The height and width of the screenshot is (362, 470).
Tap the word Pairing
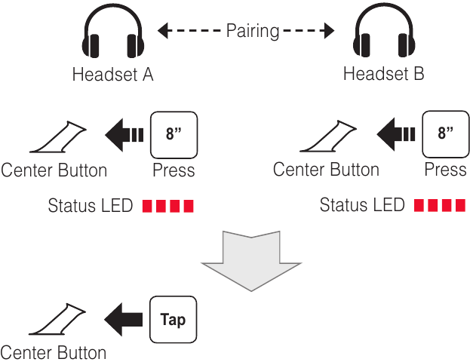253,31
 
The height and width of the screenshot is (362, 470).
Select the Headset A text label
112,74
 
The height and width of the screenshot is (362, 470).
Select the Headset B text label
384,73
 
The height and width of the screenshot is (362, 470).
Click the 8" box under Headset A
174,135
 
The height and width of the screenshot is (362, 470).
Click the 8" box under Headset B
445,134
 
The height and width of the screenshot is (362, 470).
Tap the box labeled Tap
174,320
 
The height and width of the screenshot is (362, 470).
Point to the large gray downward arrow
251,261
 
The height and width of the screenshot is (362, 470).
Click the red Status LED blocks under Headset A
167,206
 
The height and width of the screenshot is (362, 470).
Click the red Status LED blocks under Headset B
440,205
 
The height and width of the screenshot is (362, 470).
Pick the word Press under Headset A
174,170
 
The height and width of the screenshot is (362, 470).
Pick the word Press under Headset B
445,170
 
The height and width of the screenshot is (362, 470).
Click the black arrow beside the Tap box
123,320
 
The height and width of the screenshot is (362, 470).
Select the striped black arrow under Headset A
124,135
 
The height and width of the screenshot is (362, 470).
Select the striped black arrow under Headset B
395,134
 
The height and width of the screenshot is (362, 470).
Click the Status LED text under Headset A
91,206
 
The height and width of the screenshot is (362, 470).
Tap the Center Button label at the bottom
54,352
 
